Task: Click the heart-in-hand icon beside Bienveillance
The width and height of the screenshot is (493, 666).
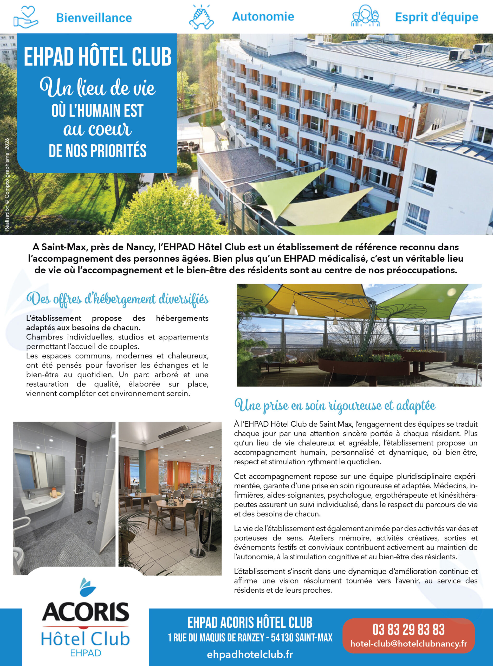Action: coord(26,17)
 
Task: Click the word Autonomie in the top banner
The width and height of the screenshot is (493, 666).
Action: coord(263,17)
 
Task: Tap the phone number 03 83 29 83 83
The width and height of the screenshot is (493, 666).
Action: coord(408,630)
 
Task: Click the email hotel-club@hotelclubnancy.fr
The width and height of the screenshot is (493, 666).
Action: coord(408,644)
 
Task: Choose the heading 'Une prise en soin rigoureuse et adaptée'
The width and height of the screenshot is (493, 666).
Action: coord(335,406)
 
